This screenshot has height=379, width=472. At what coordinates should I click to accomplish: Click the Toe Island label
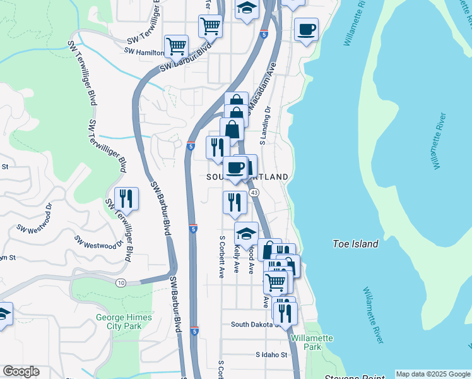point(355,244)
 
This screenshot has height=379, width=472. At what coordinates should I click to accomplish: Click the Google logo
point(21,371)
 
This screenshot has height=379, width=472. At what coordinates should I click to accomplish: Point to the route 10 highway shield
point(121,282)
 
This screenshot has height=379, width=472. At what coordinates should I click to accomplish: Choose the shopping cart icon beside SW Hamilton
point(176,45)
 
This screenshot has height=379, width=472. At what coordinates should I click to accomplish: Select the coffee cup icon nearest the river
point(307,29)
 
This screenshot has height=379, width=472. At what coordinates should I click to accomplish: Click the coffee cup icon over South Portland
point(235,167)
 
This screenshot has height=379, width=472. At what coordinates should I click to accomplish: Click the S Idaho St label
point(271,355)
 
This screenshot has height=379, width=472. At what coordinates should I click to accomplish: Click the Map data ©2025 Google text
point(433,374)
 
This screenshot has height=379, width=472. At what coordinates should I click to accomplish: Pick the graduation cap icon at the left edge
point(4,314)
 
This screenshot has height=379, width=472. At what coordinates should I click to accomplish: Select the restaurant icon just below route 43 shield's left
point(235,203)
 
